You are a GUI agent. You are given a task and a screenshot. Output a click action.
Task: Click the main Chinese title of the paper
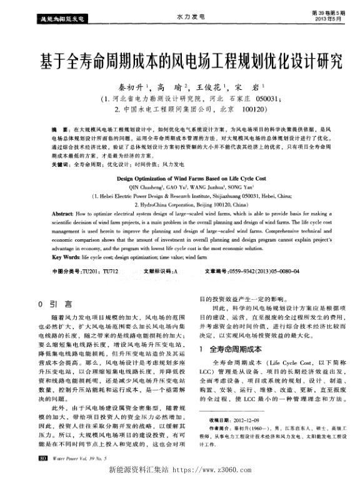180,62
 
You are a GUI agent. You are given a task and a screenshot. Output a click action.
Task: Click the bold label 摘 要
59,127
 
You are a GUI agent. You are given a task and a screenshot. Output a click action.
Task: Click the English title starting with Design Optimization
179,178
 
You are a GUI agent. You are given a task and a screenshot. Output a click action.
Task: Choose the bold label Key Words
65,256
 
